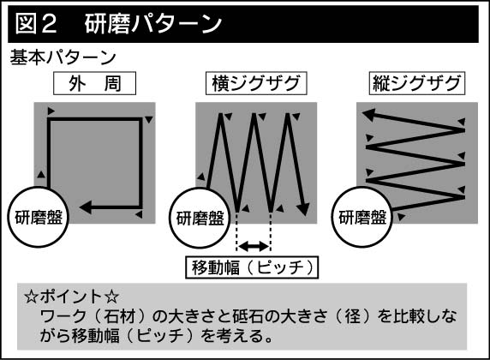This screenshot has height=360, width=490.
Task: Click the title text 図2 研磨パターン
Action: coord(119,24)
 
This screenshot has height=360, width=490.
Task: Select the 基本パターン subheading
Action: coord(63,57)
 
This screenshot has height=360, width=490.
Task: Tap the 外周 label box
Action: coord(95,83)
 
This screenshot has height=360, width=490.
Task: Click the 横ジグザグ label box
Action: coord(256,83)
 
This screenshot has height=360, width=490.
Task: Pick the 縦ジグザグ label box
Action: coord(417,83)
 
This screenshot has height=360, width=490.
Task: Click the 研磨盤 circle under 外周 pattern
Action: coord(39,217)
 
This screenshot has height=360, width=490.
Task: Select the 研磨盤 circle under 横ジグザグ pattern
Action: coord(200,218)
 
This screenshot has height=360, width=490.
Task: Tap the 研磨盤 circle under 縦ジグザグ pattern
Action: coord(362,217)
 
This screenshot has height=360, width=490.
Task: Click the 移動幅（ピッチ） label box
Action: coord(252,267)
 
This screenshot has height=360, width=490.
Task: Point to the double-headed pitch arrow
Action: coord(253,246)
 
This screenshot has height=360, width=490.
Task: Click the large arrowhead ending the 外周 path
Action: coord(86,207)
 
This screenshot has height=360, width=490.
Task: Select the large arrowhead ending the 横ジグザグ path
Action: coord(302,209)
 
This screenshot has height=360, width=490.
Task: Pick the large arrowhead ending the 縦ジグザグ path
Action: coord(368,115)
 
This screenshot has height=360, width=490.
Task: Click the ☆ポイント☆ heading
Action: coord(72,297)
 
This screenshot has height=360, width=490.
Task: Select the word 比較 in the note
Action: coord(409,316)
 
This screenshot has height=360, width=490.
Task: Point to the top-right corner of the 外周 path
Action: coord(140,119)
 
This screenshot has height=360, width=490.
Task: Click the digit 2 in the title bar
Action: coord(49,24)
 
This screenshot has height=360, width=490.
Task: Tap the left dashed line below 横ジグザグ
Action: coord(237,231)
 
